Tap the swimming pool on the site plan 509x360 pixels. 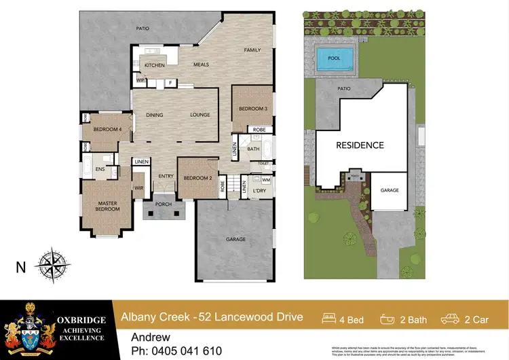pyautogui.click(x=334, y=59)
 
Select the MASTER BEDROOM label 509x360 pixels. pyautogui.click(x=107, y=206)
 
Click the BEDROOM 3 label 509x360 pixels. pyautogui.click(x=252, y=109)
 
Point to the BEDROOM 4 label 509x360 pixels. pyautogui.click(x=107, y=129)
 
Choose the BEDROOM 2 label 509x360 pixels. pyautogui.click(x=197, y=178)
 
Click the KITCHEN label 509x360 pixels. pyautogui.click(x=155, y=65)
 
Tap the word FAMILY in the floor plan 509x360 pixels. pyautogui.click(x=252, y=50)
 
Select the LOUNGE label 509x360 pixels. pyautogui.click(x=200, y=115)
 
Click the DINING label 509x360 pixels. pyautogui.click(x=155, y=115)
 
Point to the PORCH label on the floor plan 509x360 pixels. pyautogui.click(x=164, y=204)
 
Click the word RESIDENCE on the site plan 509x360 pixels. pyautogui.click(x=360, y=145)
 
